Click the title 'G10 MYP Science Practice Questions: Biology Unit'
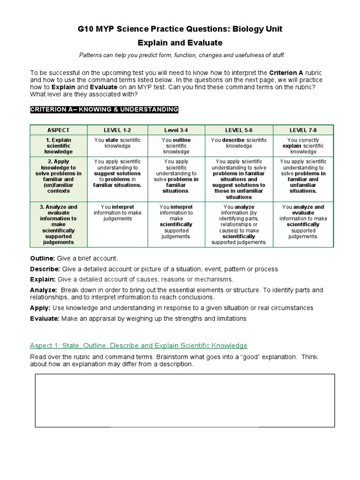(180, 30)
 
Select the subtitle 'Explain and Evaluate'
(180, 43)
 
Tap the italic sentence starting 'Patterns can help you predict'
(182, 55)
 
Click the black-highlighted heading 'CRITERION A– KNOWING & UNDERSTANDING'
(104, 110)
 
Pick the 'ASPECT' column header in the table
(59, 130)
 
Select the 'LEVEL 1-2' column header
(118, 130)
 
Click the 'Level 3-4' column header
(176, 130)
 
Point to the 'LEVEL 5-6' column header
(239, 130)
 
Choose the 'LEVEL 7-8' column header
(303, 130)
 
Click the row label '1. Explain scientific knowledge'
(59, 146)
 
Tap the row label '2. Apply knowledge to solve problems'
(59, 176)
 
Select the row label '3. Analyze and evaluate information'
(59, 225)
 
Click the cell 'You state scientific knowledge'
(118, 143)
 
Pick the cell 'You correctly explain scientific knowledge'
(303, 146)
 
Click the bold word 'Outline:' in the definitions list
(43, 259)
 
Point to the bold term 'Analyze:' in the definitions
(44, 290)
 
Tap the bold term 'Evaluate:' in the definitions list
(45, 319)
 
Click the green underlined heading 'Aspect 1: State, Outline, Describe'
(139, 346)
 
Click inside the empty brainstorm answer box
(185, 400)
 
